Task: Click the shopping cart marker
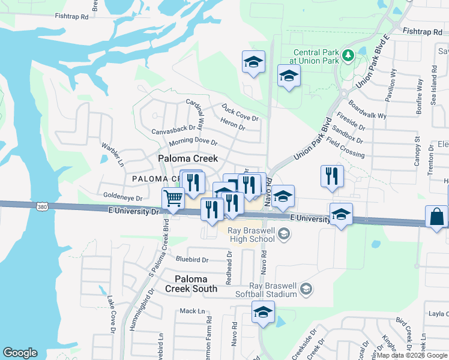pos(173,198)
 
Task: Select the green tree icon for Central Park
pos(348,56)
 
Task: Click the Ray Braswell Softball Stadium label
pos(274,290)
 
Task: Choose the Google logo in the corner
pos(20,353)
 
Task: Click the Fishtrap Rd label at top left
pos(71,17)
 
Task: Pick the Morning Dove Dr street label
pos(192,142)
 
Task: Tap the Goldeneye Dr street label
pos(122,197)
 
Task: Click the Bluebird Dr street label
pos(191,260)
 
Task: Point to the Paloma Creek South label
pos(191,284)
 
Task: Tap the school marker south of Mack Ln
pos(263,313)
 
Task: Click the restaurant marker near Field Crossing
pos(332,176)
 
